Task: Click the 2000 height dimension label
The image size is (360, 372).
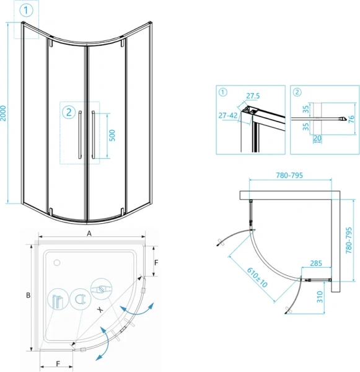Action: [3, 113]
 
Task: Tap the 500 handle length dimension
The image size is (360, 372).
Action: [112, 135]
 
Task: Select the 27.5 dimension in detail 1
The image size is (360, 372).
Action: [253, 96]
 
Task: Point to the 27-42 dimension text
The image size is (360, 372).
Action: [228, 115]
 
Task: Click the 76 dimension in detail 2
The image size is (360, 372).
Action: [351, 119]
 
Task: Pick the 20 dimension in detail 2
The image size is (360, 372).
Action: [317, 138]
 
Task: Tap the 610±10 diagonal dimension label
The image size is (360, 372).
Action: [257, 277]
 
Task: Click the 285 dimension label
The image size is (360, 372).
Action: [316, 263]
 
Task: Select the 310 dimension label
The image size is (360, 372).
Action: [320, 297]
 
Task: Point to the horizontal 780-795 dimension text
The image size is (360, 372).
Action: [289, 175]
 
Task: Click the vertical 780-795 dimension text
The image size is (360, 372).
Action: [349, 241]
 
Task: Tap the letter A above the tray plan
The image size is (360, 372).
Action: [89, 234]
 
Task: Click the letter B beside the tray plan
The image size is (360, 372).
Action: [28, 295]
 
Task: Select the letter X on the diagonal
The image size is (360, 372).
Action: [100, 309]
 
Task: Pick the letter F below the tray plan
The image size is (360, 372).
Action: [58, 364]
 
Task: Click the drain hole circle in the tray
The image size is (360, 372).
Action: [56, 263]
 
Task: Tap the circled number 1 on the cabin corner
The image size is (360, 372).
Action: [26, 11]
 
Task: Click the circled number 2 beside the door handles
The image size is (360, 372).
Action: [69, 112]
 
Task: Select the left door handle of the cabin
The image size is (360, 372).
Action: [80, 135]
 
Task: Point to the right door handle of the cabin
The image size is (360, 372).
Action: [94, 135]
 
